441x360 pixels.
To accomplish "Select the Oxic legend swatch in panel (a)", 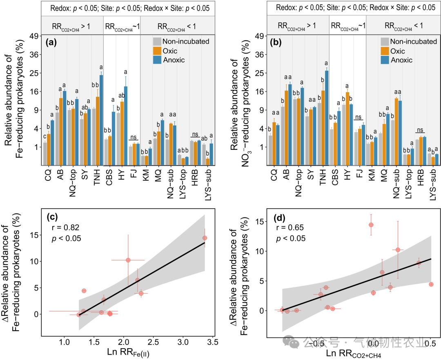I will tap(157, 51).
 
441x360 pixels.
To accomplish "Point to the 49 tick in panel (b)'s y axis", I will tap(259, 36).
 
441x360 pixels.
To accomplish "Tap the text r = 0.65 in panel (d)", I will tap(287, 228).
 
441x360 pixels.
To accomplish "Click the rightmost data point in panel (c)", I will tap(205, 238).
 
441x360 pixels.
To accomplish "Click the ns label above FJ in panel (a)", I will tap(134, 138).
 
